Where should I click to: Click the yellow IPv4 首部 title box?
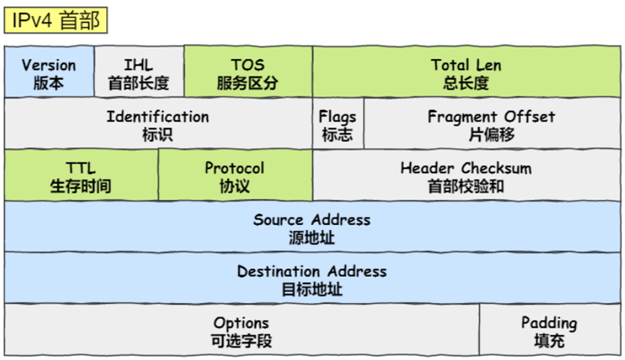55,20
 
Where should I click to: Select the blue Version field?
49,72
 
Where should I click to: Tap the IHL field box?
139,72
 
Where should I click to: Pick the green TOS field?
248,72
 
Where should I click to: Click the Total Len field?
466,72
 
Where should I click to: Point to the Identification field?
158,124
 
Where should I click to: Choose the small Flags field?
337,124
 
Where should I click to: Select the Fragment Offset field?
491,124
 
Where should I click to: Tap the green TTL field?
81,176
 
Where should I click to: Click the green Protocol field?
235,176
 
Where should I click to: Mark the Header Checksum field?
466,176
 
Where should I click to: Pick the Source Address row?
311,227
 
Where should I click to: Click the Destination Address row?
311,279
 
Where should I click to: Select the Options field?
241,330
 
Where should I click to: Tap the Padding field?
549,330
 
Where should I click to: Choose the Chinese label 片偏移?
491,134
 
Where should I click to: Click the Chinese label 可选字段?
241,340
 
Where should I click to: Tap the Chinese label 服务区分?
248,82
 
